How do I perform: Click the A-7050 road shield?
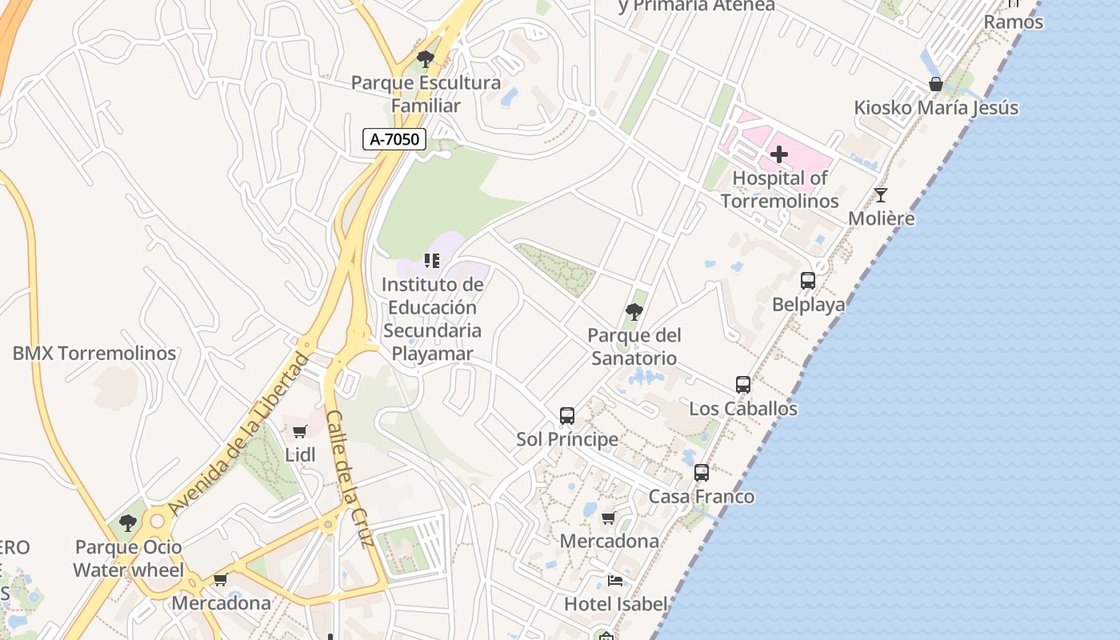point(394,139)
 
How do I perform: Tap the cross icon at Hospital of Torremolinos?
point(779,154)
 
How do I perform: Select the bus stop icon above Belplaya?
point(808,281)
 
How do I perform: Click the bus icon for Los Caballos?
point(743,385)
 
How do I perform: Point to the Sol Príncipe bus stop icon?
point(567,416)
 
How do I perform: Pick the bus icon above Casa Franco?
point(702,473)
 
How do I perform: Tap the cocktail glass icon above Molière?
point(881,194)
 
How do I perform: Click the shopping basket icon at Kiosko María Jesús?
point(936,84)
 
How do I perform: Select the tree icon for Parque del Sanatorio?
point(634,311)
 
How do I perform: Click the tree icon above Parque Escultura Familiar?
point(426,58)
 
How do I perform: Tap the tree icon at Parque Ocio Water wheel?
point(128,523)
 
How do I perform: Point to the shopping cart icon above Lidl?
point(300,432)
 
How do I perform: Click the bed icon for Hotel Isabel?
point(615,580)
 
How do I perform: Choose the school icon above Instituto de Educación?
point(432,261)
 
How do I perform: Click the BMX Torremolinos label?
point(94,353)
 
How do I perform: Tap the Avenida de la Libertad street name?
point(238,434)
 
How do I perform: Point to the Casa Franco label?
point(702,497)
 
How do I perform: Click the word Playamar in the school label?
point(433,354)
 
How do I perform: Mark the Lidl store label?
point(301,455)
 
